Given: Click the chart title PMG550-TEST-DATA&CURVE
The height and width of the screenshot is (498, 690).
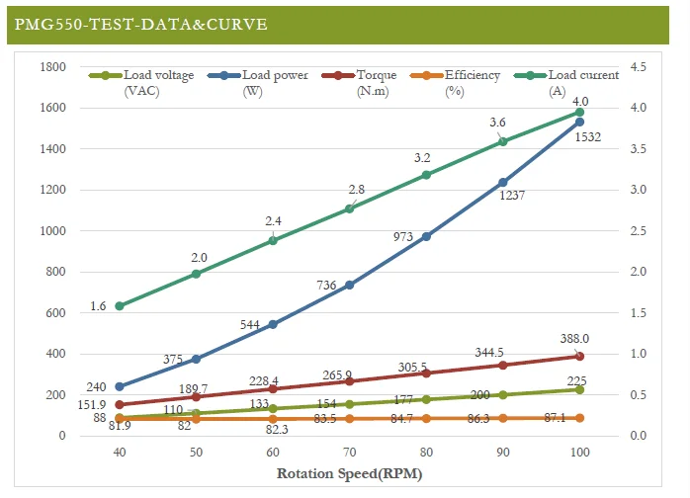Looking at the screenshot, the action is [x=140, y=24].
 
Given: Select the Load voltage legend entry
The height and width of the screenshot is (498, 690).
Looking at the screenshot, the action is [x=141, y=83].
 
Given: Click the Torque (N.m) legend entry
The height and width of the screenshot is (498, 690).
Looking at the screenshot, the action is [x=359, y=83].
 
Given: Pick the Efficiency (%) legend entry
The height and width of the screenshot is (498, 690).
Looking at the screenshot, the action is [x=455, y=83].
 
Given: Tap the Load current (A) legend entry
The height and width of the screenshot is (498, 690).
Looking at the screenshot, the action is [x=566, y=83].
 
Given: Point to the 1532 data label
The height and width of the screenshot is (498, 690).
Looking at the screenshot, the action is [x=588, y=137].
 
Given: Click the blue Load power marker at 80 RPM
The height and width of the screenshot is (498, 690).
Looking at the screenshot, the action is [x=426, y=236].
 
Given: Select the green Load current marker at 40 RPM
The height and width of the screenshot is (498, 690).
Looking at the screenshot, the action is [x=120, y=305].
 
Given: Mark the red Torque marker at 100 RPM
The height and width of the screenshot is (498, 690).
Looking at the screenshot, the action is [x=579, y=356].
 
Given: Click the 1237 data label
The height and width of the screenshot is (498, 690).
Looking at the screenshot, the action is [x=512, y=196].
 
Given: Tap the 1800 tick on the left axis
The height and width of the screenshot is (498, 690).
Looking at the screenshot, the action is [x=52, y=67].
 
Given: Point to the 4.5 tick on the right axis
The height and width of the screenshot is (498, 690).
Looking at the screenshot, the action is [x=638, y=67].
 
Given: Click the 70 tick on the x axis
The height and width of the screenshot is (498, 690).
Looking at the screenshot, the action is [x=349, y=453].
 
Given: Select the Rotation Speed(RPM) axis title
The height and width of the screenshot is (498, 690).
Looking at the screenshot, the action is [x=349, y=474].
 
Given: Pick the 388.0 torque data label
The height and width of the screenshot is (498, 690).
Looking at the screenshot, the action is [x=574, y=339].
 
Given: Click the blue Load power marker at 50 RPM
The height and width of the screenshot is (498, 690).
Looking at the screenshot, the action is [x=197, y=359].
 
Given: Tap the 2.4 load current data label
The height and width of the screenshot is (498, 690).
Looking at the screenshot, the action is [x=273, y=221].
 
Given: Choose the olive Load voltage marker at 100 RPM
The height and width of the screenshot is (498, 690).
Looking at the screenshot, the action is [x=579, y=389].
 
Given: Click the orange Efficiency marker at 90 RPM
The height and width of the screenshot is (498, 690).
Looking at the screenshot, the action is [x=503, y=418].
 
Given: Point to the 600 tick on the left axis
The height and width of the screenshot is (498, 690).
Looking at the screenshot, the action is [x=55, y=313].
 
